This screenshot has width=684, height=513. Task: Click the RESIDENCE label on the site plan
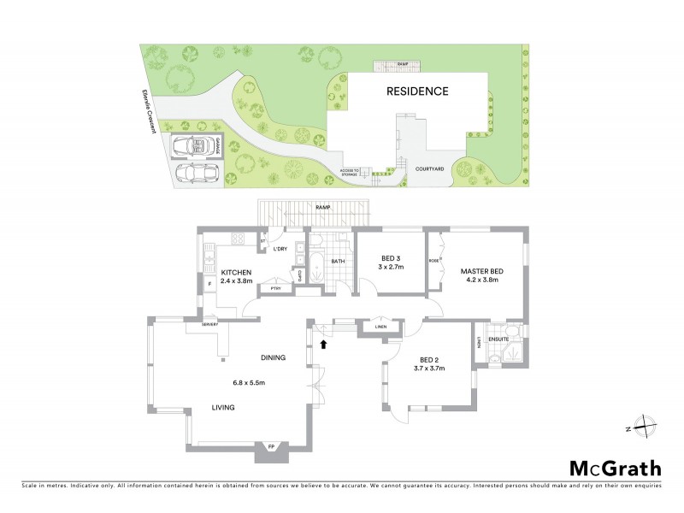pyautogui.click(x=417, y=91)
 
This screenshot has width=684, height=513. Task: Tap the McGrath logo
pyautogui.click(x=616, y=468)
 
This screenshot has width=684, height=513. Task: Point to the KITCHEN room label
pyautogui.click(x=237, y=272)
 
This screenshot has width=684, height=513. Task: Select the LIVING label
pyautogui.click(x=224, y=410)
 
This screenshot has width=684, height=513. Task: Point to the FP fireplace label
pyautogui.click(x=271, y=447)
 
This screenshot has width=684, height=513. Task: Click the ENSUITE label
pyautogui.click(x=498, y=339)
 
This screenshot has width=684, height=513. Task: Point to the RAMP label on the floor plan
pyautogui.click(x=323, y=208)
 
